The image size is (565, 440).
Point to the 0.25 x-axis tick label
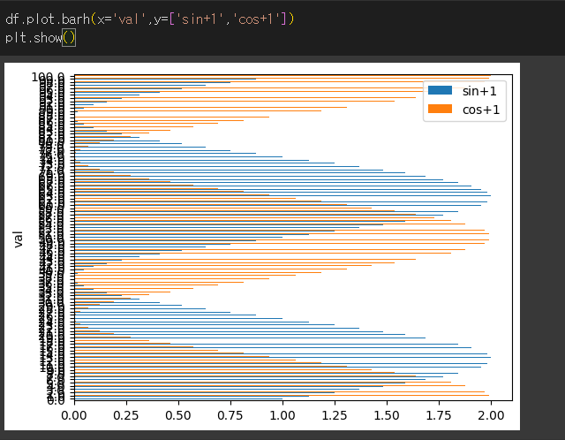coord(126,413)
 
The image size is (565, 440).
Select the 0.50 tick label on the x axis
coord(178,413)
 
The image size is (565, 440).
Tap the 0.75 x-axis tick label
coord(230,413)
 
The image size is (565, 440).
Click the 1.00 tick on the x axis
coord(282,413)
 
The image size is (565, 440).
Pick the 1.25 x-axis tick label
coord(335,413)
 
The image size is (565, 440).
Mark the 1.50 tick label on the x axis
coord(387,413)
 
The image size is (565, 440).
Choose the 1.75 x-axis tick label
coord(439,413)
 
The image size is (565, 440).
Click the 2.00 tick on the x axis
coord(491,413)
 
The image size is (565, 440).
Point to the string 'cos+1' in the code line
coord(256,19)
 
